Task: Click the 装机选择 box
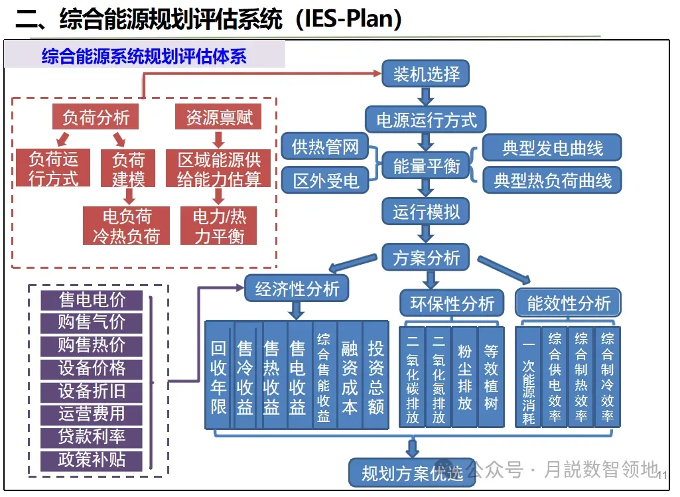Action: coord(426,74)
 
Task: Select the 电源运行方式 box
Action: coord(426,120)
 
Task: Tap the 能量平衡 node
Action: coord(426,165)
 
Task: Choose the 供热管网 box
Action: coord(325,147)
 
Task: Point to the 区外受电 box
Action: coord(325,180)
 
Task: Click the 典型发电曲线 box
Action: coord(552,148)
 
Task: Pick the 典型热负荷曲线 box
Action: coord(552,180)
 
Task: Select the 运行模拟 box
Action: coord(426,212)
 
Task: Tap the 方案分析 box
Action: coord(426,257)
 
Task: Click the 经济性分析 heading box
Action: coord(297,289)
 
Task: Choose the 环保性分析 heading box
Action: coord(452,303)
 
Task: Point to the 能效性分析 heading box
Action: coord(569,303)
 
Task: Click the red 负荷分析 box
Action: coord(96,117)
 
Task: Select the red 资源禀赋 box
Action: coord(218,117)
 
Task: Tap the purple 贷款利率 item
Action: coord(92,437)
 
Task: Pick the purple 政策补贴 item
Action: coord(92,460)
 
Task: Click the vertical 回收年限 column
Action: coord(218,376)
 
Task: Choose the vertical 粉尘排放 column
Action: coord(464,376)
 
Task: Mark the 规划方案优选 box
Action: coord(411,472)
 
